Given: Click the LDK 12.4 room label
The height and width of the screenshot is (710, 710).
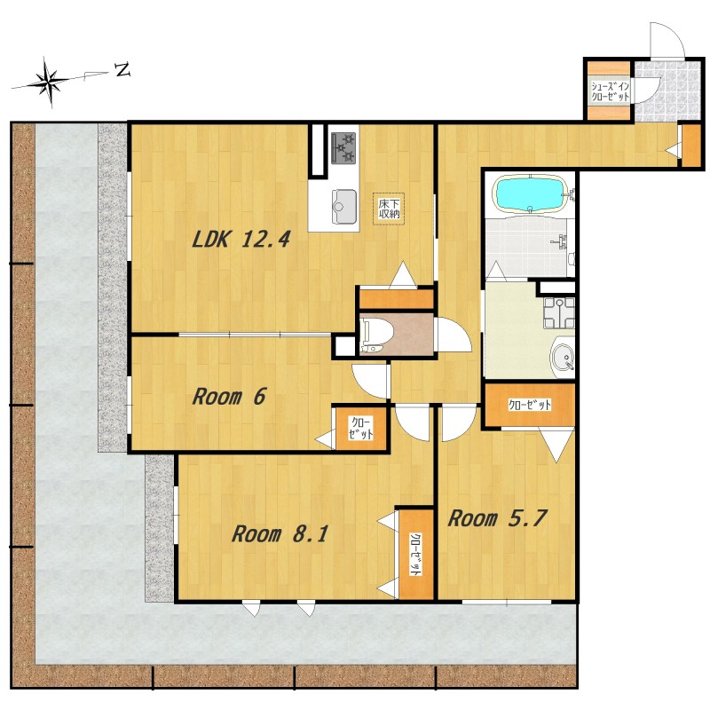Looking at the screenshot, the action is pyautogui.click(x=241, y=239).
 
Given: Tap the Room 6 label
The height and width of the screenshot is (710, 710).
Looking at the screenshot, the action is pyautogui.click(x=229, y=397).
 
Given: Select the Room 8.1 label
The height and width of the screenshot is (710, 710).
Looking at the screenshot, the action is pyautogui.click(x=280, y=534).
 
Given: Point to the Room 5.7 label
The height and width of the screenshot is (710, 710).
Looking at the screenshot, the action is pyautogui.click(x=498, y=518).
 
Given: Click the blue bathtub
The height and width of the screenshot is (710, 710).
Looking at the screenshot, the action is pyautogui.click(x=530, y=193).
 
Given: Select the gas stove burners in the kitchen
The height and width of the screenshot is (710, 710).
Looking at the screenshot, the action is pyautogui.click(x=344, y=147).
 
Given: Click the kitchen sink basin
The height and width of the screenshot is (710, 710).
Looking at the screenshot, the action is pyautogui.click(x=344, y=207).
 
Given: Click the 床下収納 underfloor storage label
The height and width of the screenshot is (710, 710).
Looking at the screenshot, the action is pyautogui.click(x=389, y=209).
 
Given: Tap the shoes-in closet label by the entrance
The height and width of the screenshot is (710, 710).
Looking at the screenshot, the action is pyautogui.click(x=610, y=91).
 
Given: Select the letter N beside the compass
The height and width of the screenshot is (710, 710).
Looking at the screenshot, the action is pyautogui.click(x=122, y=70).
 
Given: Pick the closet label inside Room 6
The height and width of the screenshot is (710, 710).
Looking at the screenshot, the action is pyautogui.click(x=361, y=428).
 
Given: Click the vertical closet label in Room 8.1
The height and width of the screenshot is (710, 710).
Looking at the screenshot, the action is pyautogui.click(x=414, y=554).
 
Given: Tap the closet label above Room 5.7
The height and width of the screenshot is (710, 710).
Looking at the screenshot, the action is pyautogui.click(x=530, y=405).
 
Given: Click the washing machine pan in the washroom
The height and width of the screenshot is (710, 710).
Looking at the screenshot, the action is pyautogui.click(x=559, y=312).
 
